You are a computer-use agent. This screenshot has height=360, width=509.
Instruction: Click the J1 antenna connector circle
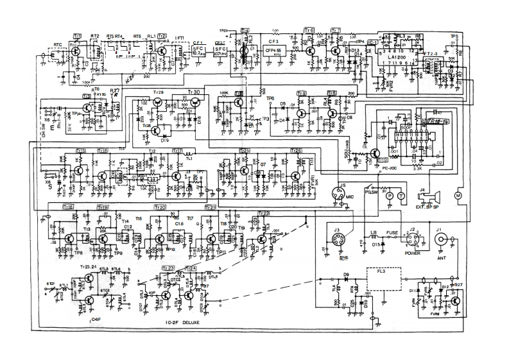coord(441,239)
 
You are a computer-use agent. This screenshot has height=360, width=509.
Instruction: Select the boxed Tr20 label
coord(160,207)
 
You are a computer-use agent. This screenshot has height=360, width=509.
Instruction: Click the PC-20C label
coord(383,169)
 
